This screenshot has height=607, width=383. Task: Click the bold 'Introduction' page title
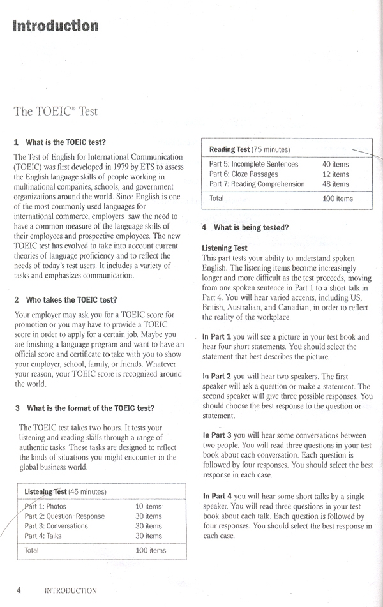click(56, 26)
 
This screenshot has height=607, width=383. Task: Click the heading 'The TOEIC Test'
click(56, 111)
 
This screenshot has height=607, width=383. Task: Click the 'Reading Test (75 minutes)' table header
click(250, 149)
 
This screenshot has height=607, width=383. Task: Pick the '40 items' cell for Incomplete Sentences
click(336, 164)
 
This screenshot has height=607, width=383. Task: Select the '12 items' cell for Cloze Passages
click(336, 174)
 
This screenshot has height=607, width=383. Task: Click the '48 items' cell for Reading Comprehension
click(336, 184)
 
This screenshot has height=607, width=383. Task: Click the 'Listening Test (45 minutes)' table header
click(65, 493)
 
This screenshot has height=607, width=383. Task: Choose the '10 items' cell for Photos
click(149, 506)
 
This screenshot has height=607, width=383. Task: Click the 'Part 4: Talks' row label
click(43, 536)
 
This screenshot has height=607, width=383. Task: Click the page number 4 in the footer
click(19, 590)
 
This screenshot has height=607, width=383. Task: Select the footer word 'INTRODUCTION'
click(70, 591)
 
